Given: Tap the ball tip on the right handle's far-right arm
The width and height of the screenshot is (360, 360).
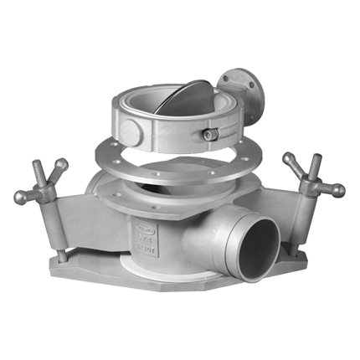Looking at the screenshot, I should point(339,191).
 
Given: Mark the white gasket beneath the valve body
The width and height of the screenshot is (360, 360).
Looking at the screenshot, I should point(176,266).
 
